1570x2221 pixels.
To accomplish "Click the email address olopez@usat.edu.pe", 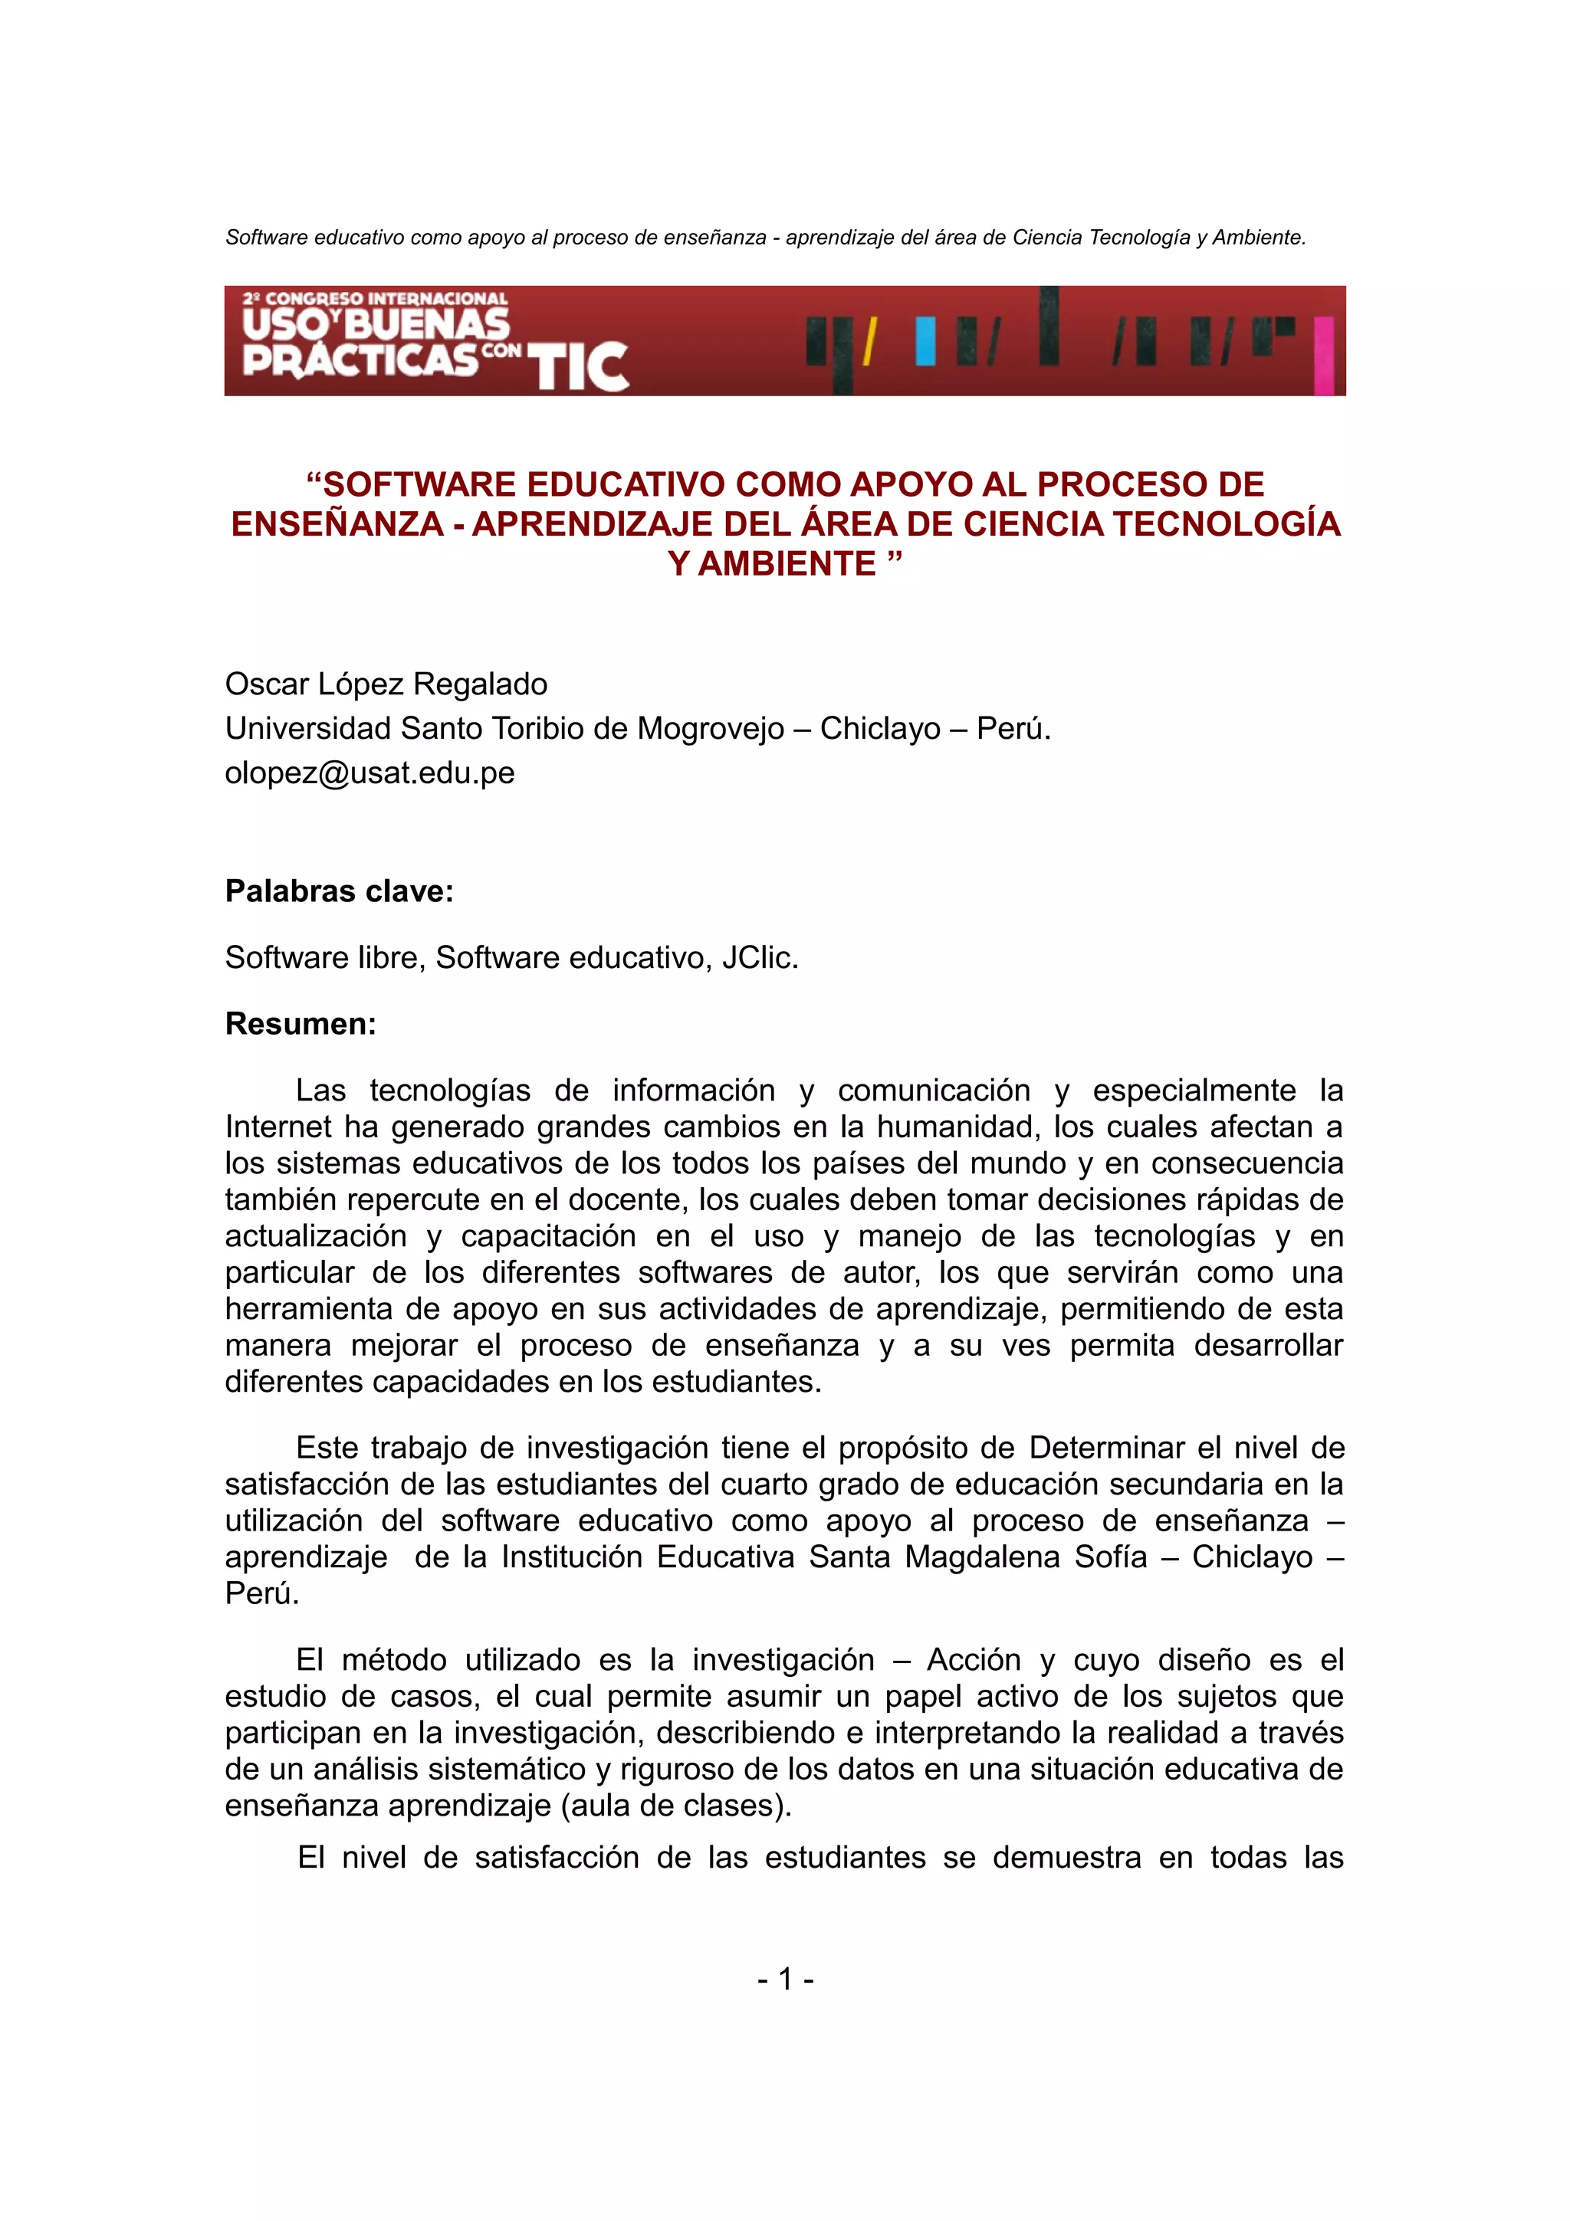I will point(370,773).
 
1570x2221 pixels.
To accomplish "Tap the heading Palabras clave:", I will point(339,891).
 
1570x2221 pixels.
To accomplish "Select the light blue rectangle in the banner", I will point(926,342).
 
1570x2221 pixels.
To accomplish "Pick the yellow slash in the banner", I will point(869,343).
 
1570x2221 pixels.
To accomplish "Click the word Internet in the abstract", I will point(281,1127).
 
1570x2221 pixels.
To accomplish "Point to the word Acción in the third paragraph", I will point(973,1660).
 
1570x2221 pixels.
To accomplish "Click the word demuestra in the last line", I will point(1066,1857).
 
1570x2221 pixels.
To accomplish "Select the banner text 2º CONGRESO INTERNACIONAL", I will point(376,299).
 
